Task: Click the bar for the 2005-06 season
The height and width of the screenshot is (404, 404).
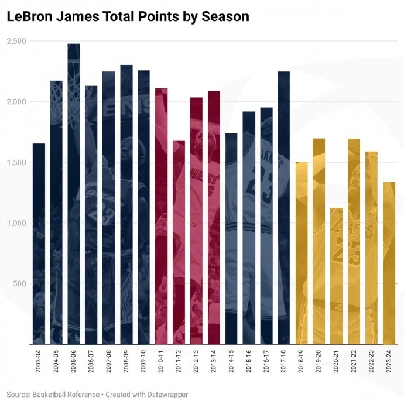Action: tap(74, 193)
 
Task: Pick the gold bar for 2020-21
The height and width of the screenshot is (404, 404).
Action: tap(336, 276)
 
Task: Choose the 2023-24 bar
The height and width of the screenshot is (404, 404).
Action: tap(389, 263)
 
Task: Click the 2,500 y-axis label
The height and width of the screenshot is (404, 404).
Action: tap(16, 41)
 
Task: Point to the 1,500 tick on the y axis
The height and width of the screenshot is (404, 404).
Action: tap(16, 162)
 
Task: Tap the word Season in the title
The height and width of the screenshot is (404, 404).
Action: tap(225, 16)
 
